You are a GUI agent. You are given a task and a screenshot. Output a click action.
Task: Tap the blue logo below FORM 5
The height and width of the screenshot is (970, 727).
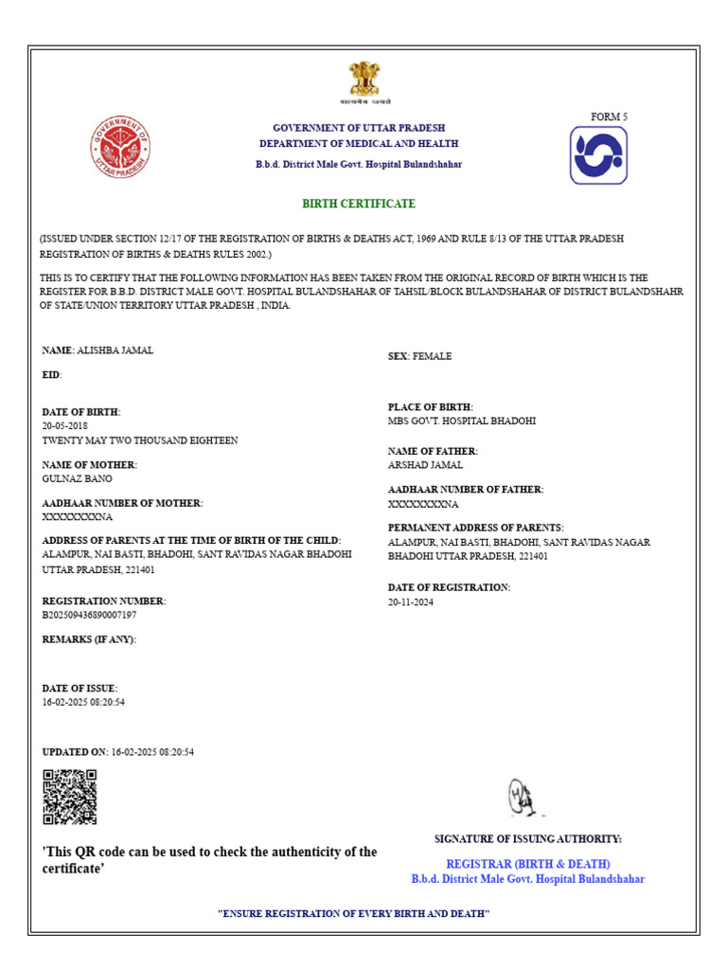pos(598,155)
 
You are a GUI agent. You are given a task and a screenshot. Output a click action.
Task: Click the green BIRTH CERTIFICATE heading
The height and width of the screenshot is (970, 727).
pos(359,204)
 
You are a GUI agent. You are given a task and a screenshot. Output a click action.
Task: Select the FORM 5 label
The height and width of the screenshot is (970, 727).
pos(609,117)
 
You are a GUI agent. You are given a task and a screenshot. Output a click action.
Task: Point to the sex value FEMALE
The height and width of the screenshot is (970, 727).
pos(433,356)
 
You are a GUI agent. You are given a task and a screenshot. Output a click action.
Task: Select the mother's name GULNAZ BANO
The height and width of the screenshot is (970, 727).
pos(78,479)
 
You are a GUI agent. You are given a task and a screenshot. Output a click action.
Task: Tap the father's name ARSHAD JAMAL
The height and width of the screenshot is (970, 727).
pos(425,466)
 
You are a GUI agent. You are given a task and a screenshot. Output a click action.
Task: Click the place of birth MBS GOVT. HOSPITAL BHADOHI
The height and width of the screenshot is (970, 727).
pos(461,421)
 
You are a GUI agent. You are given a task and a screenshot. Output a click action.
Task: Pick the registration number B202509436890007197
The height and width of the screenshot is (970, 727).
pos(89,615)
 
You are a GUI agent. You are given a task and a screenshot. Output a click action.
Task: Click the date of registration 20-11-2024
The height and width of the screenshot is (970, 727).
pos(411,602)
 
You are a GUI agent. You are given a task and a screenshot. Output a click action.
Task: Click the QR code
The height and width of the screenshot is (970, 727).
pos(70,797)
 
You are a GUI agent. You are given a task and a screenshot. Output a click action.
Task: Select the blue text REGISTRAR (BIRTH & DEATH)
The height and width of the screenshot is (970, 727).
pos(527,864)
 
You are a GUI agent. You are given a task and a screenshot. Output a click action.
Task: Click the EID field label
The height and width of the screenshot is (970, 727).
pos(51,375)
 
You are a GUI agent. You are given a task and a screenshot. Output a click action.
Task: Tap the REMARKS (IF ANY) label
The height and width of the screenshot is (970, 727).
pos(89,639)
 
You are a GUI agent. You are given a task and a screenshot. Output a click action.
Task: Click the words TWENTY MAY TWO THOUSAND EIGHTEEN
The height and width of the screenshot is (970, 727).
pos(140,440)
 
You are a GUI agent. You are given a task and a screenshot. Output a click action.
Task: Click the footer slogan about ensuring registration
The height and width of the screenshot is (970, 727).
pos(353,913)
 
